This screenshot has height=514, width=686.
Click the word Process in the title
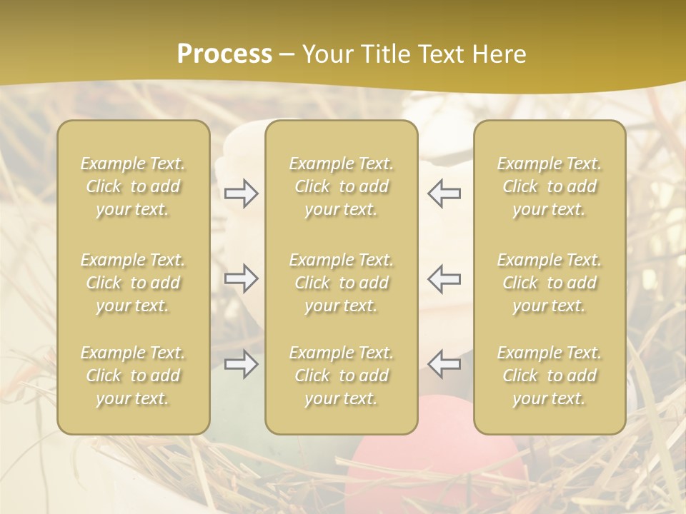224,54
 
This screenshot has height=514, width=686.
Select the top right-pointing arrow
241,193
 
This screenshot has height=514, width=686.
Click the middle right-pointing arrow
241,278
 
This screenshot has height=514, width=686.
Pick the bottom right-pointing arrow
241,364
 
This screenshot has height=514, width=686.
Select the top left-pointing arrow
444,193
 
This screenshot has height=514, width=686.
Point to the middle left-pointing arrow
444,278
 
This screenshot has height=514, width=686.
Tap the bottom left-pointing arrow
444,364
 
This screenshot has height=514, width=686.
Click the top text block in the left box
133,186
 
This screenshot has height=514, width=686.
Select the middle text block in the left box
133,283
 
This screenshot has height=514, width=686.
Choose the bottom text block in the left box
133,376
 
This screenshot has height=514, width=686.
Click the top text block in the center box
341,186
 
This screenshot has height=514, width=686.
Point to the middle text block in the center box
341,283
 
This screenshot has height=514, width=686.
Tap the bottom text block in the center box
341,376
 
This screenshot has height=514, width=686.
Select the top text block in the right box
550,186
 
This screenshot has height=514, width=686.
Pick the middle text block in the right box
550,283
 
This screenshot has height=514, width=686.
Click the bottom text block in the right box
550,376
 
